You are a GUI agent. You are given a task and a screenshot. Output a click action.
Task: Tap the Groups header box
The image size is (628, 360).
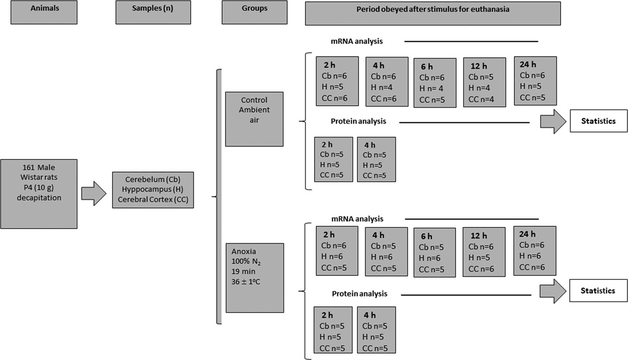click(254, 12)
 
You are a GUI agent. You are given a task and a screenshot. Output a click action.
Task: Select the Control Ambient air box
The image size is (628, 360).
click(254, 119)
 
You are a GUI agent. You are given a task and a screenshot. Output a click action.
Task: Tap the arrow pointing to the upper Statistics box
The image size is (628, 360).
click(552, 121)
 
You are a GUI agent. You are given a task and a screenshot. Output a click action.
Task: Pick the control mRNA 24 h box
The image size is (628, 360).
click(535, 81)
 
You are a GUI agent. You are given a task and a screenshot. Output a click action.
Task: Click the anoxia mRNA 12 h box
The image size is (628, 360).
click(484, 251)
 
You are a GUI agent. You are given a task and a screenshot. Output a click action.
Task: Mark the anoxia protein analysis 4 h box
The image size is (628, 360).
click(376, 330)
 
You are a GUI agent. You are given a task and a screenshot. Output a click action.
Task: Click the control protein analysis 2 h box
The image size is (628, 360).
click(333, 159)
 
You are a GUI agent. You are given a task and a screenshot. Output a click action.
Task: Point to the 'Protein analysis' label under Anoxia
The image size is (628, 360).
click(359, 294)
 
